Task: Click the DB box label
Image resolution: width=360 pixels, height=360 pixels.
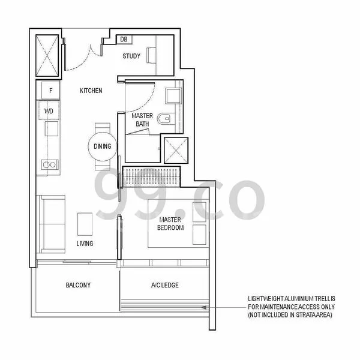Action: (x=124, y=39)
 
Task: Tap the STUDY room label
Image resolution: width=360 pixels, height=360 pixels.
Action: (x=131, y=56)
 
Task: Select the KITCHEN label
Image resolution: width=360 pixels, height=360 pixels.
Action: (x=91, y=91)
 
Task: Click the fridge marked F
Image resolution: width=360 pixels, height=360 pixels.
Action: (x=51, y=90)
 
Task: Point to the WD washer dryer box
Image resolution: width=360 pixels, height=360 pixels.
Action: (x=49, y=110)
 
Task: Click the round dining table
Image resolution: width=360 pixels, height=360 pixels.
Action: (x=103, y=146)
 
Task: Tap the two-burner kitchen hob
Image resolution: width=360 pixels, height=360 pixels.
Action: (x=50, y=164)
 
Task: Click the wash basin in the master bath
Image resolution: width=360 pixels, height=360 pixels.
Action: (x=173, y=96)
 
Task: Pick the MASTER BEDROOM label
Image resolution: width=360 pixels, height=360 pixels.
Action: (x=170, y=224)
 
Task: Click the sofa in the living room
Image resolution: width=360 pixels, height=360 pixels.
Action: (x=51, y=224)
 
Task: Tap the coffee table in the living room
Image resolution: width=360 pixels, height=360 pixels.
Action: (x=85, y=224)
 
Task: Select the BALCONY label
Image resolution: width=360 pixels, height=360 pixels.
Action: (x=78, y=285)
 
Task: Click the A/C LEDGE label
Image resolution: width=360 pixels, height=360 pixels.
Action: (x=165, y=285)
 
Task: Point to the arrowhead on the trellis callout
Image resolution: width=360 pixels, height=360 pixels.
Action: (x=204, y=307)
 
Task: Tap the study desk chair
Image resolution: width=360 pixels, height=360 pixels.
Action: (x=151, y=55)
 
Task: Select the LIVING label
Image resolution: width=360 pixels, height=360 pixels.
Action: (x=85, y=244)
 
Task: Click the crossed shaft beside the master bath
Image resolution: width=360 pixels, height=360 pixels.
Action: (x=176, y=151)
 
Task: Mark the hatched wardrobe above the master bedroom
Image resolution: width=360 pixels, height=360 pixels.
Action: (x=151, y=176)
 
